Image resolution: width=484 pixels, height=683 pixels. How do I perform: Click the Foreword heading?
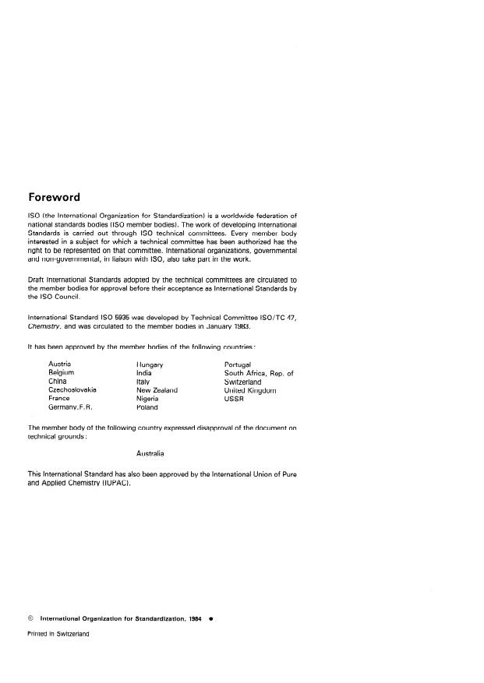point(54,197)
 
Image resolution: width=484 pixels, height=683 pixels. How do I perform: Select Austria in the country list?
point(60,364)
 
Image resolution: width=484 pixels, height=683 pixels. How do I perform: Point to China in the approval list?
point(58,382)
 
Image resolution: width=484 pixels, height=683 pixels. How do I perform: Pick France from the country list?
point(59,399)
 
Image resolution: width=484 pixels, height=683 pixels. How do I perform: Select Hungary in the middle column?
point(149,364)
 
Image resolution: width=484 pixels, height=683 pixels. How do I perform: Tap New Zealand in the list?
point(157,390)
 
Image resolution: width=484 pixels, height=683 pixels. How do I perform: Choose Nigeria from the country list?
point(147,399)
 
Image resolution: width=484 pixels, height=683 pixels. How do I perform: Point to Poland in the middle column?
point(147,407)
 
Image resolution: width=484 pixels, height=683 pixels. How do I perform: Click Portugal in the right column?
point(238,364)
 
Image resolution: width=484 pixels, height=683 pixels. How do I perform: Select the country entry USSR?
point(234,399)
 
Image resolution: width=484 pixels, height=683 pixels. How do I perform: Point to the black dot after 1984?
point(210,619)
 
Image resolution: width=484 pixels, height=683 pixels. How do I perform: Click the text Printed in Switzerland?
point(58,635)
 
